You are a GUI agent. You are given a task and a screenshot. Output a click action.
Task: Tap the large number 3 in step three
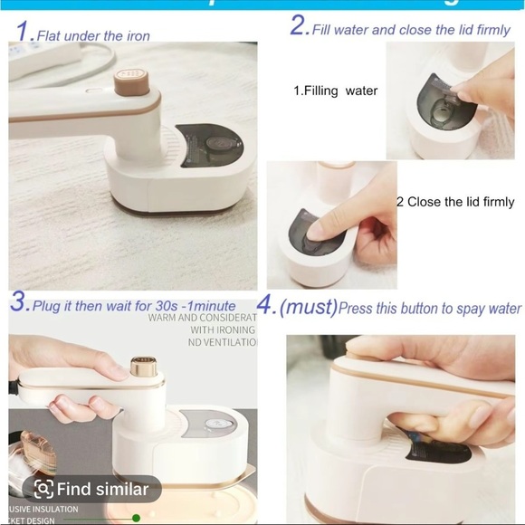[x=19, y=303]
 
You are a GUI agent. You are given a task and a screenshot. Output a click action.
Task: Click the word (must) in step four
[x=308, y=307]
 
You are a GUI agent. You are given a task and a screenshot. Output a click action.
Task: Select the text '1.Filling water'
[x=335, y=91]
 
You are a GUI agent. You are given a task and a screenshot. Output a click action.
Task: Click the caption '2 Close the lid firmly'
[x=455, y=202]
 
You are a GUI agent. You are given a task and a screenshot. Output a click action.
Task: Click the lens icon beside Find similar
[x=43, y=490]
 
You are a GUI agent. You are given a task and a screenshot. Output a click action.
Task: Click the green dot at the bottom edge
[x=136, y=518]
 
